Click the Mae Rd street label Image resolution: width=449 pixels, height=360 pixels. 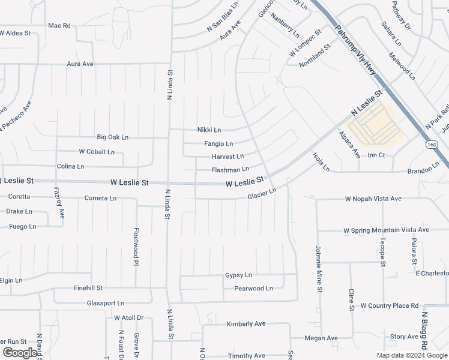(x=59, y=26)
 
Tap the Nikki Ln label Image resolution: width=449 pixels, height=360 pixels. (x=209, y=130)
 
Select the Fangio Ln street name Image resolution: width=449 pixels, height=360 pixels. (x=218, y=144)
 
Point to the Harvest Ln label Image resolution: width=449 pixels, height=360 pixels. (x=228, y=156)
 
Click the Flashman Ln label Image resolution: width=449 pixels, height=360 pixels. (x=230, y=170)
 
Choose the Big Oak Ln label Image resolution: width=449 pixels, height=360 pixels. (x=113, y=137)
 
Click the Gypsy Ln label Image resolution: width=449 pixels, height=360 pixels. (x=238, y=275)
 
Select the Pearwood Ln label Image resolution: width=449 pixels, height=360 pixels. (x=253, y=289)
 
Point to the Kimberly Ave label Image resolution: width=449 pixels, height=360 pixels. (x=246, y=324)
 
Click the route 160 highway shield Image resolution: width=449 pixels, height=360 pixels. (x=432, y=145)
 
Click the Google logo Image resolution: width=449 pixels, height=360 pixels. (x=20, y=353)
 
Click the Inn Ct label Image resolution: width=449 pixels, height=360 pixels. (x=376, y=155)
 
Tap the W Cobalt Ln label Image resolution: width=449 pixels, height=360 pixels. (x=97, y=152)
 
